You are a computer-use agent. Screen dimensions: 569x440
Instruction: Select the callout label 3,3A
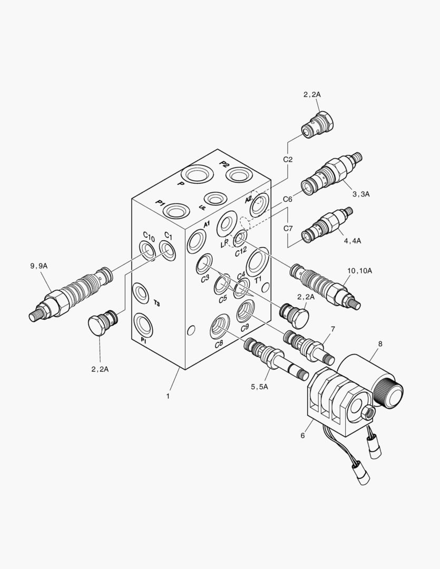point(361,194)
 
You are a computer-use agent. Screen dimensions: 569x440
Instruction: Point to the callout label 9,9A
point(39,266)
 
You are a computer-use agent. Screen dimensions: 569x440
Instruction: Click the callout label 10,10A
point(360,270)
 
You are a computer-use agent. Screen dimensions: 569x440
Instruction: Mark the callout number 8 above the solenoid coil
point(333,329)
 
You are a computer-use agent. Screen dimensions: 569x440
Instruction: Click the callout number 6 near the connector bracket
point(380,344)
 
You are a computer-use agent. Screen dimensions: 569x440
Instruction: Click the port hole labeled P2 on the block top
point(232,174)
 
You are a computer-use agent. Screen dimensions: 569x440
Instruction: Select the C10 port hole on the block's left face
point(148,251)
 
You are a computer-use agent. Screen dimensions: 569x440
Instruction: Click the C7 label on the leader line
point(288,228)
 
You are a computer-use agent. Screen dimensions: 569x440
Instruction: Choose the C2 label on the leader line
point(288,159)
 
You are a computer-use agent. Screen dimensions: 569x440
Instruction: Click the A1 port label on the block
point(207,224)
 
